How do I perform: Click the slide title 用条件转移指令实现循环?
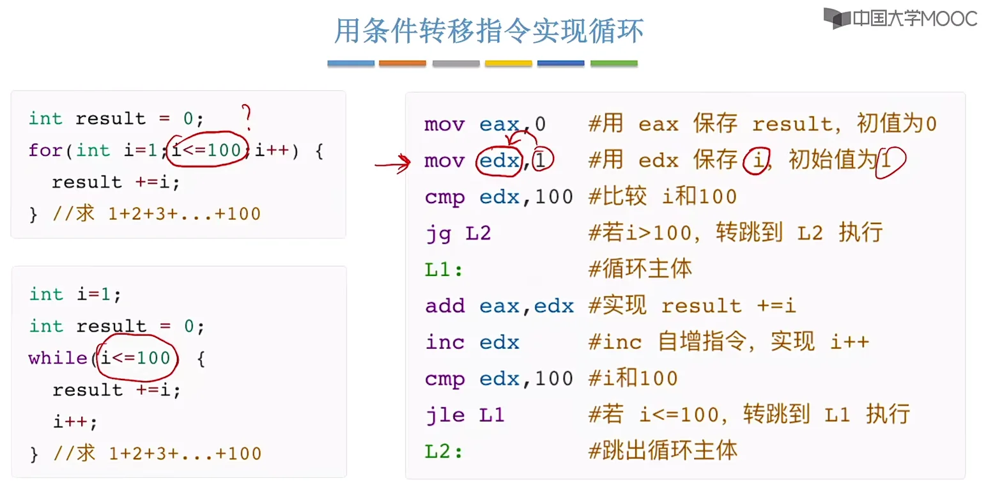click(489, 31)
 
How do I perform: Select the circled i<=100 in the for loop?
click(207, 151)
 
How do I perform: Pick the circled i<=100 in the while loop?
click(136, 358)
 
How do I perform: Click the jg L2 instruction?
click(458, 233)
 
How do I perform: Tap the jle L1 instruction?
click(465, 415)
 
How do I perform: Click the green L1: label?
click(443, 270)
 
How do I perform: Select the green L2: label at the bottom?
click(443, 452)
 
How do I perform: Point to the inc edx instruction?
click(472, 342)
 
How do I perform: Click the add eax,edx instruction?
click(499, 306)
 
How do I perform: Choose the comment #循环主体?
click(640, 269)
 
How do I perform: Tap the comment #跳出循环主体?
click(663, 451)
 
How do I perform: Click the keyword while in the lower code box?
click(58, 358)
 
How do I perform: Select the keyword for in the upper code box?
click(45, 151)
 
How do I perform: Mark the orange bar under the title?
click(402, 64)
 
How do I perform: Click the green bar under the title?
click(613, 64)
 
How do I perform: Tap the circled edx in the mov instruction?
click(500, 161)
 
